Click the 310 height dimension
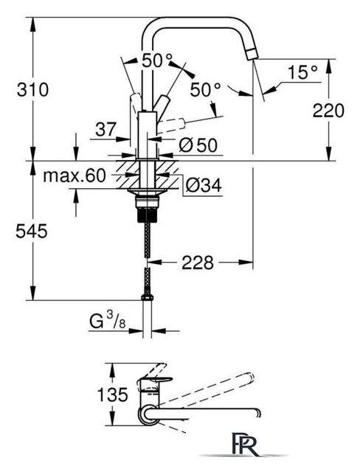[x=32, y=90]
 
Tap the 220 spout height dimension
[x=328, y=111]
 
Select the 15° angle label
[x=302, y=72]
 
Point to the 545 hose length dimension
[x=32, y=231]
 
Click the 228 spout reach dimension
[x=198, y=263]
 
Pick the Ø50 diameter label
[x=198, y=145]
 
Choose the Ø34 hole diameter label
[x=204, y=185]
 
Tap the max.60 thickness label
[x=75, y=176]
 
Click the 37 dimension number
[x=105, y=130]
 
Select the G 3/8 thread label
[x=108, y=322]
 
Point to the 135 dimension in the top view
[x=113, y=395]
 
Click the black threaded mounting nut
[x=148, y=215]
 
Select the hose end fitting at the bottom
[x=148, y=298]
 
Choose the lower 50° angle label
[x=206, y=89]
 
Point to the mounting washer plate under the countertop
[x=148, y=192]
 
